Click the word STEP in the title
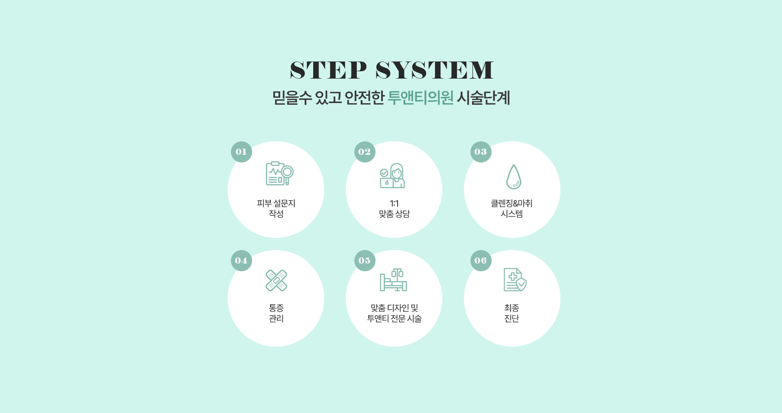click(328, 70)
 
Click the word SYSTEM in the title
click(435, 70)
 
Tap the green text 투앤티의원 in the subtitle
click(420, 98)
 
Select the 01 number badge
click(242, 152)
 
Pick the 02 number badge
click(365, 152)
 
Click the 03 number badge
click(481, 152)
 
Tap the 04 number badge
click(242, 261)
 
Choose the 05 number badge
click(365, 261)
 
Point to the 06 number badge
click(481, 261)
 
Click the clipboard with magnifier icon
click(279, 174)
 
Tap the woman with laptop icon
click(392, 176)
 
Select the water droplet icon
click(514, 177)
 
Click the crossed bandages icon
click(276, 280)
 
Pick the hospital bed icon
click(393, 280)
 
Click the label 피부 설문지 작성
click(276, 209)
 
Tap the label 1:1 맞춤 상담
click(394, 209)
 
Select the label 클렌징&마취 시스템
click(512, 209)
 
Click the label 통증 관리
click(276, 313)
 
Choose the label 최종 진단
click(512, 313)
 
